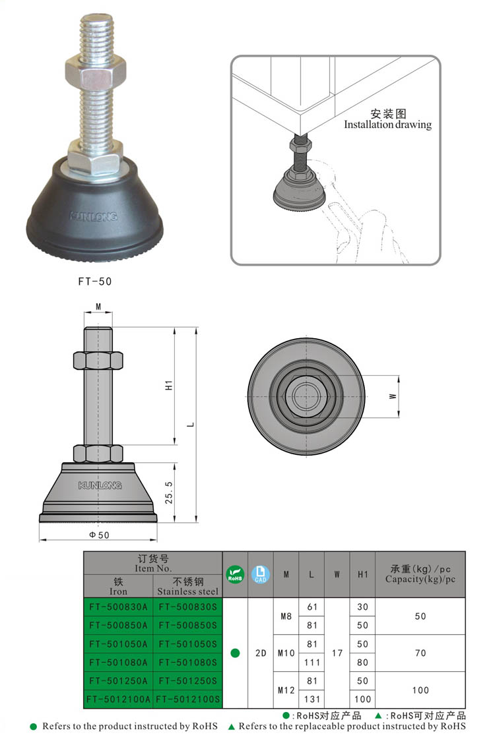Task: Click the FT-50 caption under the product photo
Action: point(95,281)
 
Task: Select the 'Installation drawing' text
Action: point(387,125)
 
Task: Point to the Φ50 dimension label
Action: point(99,535)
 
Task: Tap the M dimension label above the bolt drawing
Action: point(98,307)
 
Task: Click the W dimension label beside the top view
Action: point(392,396)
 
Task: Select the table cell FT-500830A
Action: point(118,607)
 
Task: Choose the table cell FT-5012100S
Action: point(187,699)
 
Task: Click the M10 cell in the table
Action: point(286,653)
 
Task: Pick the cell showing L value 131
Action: point(312,699)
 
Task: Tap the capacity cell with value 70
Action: point(420,653)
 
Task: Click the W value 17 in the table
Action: point(337,653)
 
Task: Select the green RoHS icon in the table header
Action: point(235,574)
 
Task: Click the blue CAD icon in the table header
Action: point(260,574)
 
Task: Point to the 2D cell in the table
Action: point(260,653)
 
